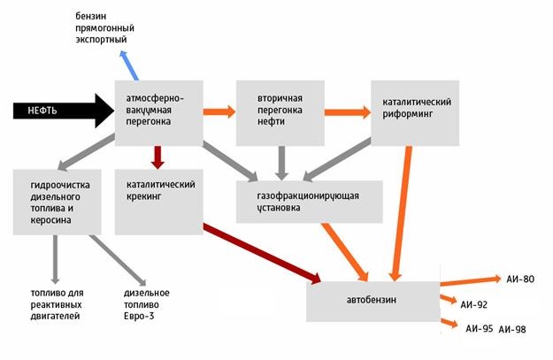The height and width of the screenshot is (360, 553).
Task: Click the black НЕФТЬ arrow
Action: click(64, 111)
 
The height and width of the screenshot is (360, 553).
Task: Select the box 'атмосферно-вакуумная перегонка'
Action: click(159, 113)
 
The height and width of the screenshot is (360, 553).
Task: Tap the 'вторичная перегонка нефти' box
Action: click(280, 113)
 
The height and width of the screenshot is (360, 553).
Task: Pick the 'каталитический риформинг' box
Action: click(415, 113)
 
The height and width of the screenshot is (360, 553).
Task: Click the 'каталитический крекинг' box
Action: click(159, 202)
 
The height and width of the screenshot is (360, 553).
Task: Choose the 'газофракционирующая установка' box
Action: click(310, 202)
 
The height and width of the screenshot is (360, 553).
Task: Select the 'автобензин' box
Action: click(373, 302)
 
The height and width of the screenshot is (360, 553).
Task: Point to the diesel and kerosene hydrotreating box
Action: click(58, 202)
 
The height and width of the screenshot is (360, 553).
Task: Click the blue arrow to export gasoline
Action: click(128, 65)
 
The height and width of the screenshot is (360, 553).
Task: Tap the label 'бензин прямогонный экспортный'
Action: click(104, 27)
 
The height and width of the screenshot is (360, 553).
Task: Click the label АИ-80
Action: click(520, 280)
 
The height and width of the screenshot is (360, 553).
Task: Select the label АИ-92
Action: click(474, 304)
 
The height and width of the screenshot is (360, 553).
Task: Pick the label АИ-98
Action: click(512, 330)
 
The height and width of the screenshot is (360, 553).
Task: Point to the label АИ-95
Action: click(480, 329)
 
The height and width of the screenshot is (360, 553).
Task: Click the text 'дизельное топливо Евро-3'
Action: click(147, 304)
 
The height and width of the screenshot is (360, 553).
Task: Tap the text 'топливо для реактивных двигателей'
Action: click(58, 304)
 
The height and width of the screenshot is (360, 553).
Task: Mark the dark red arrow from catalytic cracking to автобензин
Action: click(262, 253)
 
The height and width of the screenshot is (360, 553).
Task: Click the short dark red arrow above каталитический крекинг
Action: click(157, 157)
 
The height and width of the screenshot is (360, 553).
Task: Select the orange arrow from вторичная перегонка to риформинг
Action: click(348, 112)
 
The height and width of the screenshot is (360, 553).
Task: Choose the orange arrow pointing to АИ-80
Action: click(471, 281)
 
